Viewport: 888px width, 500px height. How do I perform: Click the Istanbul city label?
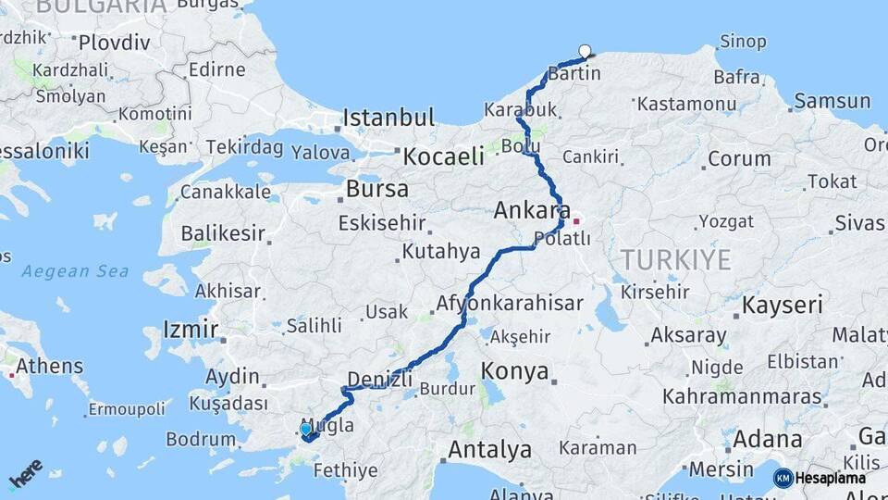pos(388,118)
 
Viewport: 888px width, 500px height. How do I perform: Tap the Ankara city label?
pos(531,210)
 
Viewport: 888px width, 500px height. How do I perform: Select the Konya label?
pos(515,371)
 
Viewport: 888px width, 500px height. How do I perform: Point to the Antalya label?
pos(489,450)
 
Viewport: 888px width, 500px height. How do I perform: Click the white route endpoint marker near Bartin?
pos(585,52)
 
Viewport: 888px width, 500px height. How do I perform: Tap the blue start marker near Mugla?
pos(306,429)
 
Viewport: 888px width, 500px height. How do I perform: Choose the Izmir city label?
pos(191,329)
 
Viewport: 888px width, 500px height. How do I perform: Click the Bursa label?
pos(376,189)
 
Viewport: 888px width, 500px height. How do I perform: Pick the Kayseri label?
pos(783,305)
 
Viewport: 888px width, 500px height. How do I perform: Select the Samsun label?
pos(832,101)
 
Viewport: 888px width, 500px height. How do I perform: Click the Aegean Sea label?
pos(69,271)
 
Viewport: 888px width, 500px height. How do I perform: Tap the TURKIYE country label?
pos(675,259)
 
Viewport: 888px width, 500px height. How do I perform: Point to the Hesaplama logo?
pos(819,478)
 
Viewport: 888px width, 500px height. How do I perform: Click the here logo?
pos(25,474)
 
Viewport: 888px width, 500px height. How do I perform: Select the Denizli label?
pos(378,378)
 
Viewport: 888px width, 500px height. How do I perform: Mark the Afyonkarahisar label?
pos(510,303)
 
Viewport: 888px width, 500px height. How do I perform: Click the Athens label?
pos(49,366)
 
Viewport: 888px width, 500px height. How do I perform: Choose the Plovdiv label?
pos(114,42)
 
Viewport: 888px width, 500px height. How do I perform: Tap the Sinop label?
pos(743,42)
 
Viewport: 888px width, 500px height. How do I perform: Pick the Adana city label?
pos(769,438)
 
